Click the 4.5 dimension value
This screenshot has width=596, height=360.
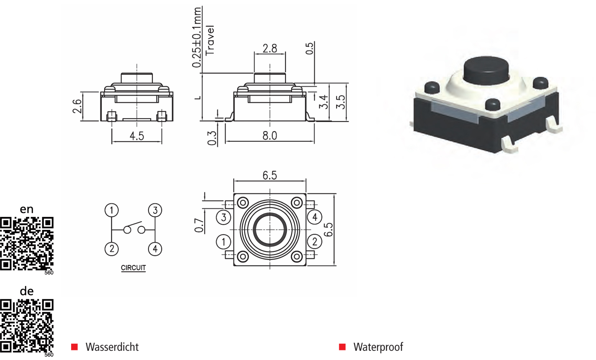(137, 136)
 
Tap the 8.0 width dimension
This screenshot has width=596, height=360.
(270, 136)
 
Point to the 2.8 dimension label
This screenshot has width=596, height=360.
(270, 49)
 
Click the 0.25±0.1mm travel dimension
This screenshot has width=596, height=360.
(197, 38)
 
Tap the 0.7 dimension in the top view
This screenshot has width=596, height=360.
(200, 225)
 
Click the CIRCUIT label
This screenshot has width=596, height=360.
(133, 268)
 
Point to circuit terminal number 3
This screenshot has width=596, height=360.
(155, 210)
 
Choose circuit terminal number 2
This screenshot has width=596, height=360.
(112, 249)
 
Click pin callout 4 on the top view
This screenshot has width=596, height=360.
(315, 217)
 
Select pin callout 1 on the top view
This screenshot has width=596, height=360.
(224, 242)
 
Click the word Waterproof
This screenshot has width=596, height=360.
(378, 347)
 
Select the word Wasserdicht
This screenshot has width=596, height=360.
(112, 347)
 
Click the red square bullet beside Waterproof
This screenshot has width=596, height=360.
(342, 347)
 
